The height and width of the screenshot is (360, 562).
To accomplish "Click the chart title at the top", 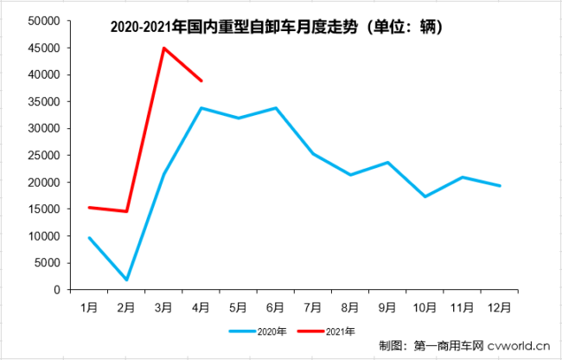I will [x=277, y=28].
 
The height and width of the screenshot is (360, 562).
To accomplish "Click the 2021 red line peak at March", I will [x=164, y=48].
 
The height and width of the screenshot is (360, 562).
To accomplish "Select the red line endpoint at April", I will [x=201, y=80].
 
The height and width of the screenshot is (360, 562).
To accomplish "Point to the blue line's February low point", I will [x=126, y=280].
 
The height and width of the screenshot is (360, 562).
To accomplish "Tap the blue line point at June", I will [x=276, y=108].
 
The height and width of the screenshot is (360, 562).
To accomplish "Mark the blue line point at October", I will [x=425, y=196].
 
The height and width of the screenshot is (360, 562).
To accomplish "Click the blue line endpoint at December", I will [x=500, y=186].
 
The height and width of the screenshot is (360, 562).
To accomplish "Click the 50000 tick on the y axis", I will [x=43, y=22].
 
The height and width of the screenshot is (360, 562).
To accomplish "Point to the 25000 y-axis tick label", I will [x=43, y=156].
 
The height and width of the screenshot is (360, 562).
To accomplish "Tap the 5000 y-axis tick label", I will [x=47, y=263].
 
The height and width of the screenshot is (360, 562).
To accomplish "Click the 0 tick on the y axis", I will [x=56, y=290].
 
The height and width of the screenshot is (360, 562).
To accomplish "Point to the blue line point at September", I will [x=388, y=163].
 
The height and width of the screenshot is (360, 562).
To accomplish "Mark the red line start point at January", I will [x=89, y=208].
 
